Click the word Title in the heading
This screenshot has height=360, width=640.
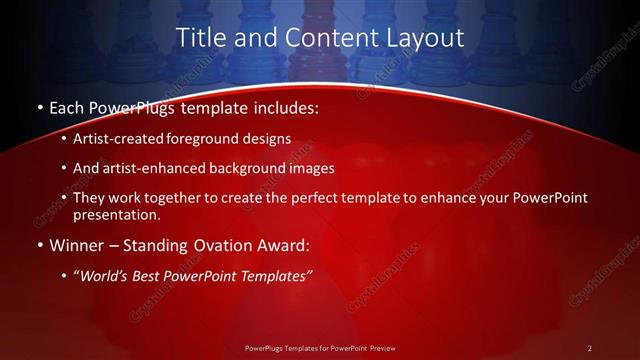pos(198,38)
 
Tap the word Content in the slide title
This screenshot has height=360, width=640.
pos(318,38)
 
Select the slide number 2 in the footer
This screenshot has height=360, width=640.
pos(589,347)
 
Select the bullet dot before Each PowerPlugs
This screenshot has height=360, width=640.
pos(38,107)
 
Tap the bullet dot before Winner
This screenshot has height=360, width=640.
pos(38,245)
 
